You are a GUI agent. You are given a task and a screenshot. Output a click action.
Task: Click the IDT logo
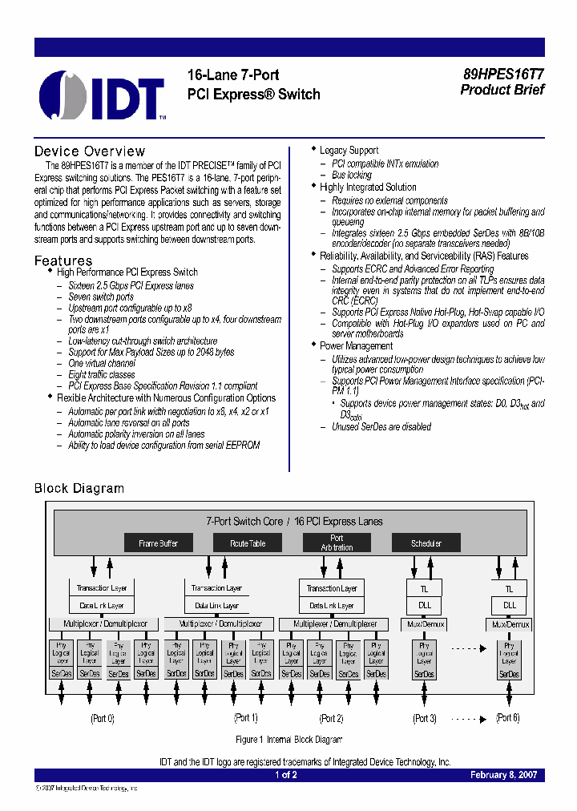(103, 95)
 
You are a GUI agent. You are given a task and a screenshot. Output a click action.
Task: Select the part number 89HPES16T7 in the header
(502, 74)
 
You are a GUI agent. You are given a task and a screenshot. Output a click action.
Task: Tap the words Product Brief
(502, 90)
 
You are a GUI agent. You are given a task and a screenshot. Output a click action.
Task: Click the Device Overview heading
(90, 151)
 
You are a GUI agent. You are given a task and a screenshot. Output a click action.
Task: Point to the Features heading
(63, 260)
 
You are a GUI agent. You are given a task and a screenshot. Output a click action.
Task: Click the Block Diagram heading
(79, 488)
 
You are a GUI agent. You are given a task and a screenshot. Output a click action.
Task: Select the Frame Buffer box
(158, 543)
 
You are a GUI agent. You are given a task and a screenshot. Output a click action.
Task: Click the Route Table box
(247, 543)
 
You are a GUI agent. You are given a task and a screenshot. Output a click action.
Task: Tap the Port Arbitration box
(337, 543)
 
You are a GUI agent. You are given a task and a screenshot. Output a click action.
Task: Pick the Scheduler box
(426, 543)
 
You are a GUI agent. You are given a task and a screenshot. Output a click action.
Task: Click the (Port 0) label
(102, 718)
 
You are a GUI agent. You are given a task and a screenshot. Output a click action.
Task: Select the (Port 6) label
(507, 718)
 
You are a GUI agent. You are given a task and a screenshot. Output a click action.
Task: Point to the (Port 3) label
(424, 718)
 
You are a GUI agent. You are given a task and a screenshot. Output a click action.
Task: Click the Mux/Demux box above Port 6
(508, 624)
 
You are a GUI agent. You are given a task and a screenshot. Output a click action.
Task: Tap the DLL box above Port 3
(425, 606)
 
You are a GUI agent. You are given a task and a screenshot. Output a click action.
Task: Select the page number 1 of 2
(286, 775)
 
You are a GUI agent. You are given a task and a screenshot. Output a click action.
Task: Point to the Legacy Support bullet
(349, 151)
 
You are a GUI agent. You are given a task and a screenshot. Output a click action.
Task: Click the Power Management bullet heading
(356, 346)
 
